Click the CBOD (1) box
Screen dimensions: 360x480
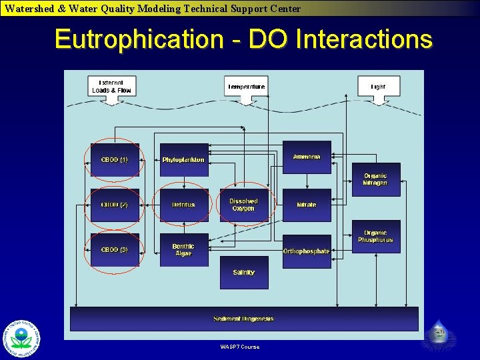click(x=115, y=160)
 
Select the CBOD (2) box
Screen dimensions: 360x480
click(x=115, y=205)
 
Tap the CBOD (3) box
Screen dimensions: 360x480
click(x=115, y=249)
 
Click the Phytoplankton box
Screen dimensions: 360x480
click(x=183, y=160)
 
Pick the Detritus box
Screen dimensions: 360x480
click(x=183, y=205)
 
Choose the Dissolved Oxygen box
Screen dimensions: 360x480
click(x=243, y=205)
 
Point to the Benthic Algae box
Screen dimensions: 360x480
click(x=183, y=250)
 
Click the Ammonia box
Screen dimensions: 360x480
click(x=307, y=157)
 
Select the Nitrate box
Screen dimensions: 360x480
click(x=307, y=205)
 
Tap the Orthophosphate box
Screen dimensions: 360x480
click(x=307, y=251)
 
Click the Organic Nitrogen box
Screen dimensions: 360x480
click(x=376, y=179)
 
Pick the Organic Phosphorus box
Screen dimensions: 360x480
click(x=376, y=237)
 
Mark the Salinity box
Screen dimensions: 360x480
click(x=244, y=272)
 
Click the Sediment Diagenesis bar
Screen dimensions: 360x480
click(x=244, y=319)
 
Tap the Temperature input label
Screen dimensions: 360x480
click(x=246, y=87)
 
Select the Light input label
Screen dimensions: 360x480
click(x=378, y=87)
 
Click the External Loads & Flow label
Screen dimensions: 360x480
click(x=112, y=87)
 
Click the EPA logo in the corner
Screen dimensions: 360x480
click(x=22, y=339)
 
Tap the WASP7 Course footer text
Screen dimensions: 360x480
click(x=240, y=347)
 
